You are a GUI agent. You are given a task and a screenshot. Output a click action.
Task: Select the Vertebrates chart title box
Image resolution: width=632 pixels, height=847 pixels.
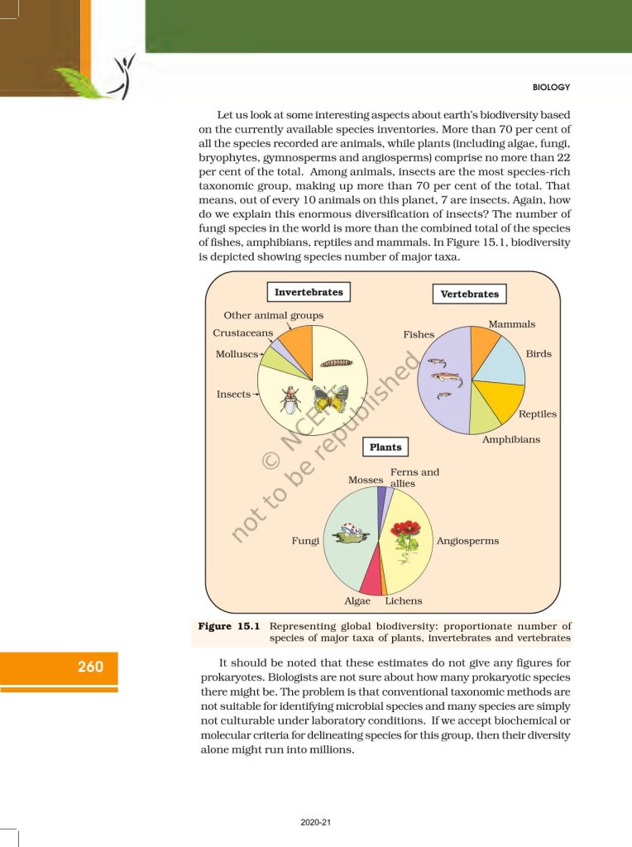pyautogui.click(x=469, y=294)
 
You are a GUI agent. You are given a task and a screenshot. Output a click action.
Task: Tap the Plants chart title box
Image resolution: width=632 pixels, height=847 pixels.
pyautogui.click(x=385, y=447)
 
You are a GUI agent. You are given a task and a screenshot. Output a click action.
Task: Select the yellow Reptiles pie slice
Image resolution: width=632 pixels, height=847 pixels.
pyautogui.click(x=500, y=400)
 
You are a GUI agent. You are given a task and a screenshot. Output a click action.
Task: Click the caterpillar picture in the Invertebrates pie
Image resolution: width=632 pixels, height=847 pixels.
pyautogui.click(x=335, y=362)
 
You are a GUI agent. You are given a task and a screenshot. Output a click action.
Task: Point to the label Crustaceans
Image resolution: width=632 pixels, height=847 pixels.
pyautogui.click(x=242, y=333)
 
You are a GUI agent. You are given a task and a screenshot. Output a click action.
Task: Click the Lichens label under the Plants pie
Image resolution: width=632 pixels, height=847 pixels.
pyautogui.click(x=403, y=601)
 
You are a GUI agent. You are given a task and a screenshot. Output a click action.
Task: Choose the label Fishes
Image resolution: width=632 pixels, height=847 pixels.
pyautogui.click(x=419, y=334)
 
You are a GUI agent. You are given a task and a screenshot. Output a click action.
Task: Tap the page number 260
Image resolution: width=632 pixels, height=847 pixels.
pyautogui.click(x=90, y=666)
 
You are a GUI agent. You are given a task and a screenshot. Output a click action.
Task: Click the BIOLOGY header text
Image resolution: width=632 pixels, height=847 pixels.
pyautogui.click(x=550, y=87)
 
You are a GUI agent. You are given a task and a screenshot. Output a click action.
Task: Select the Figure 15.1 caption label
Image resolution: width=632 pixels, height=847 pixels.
pyautogui.click(x=231, y=626)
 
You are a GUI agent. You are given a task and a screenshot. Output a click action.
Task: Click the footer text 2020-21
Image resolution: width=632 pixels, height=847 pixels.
pyautogui.click(x=316, y=822)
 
